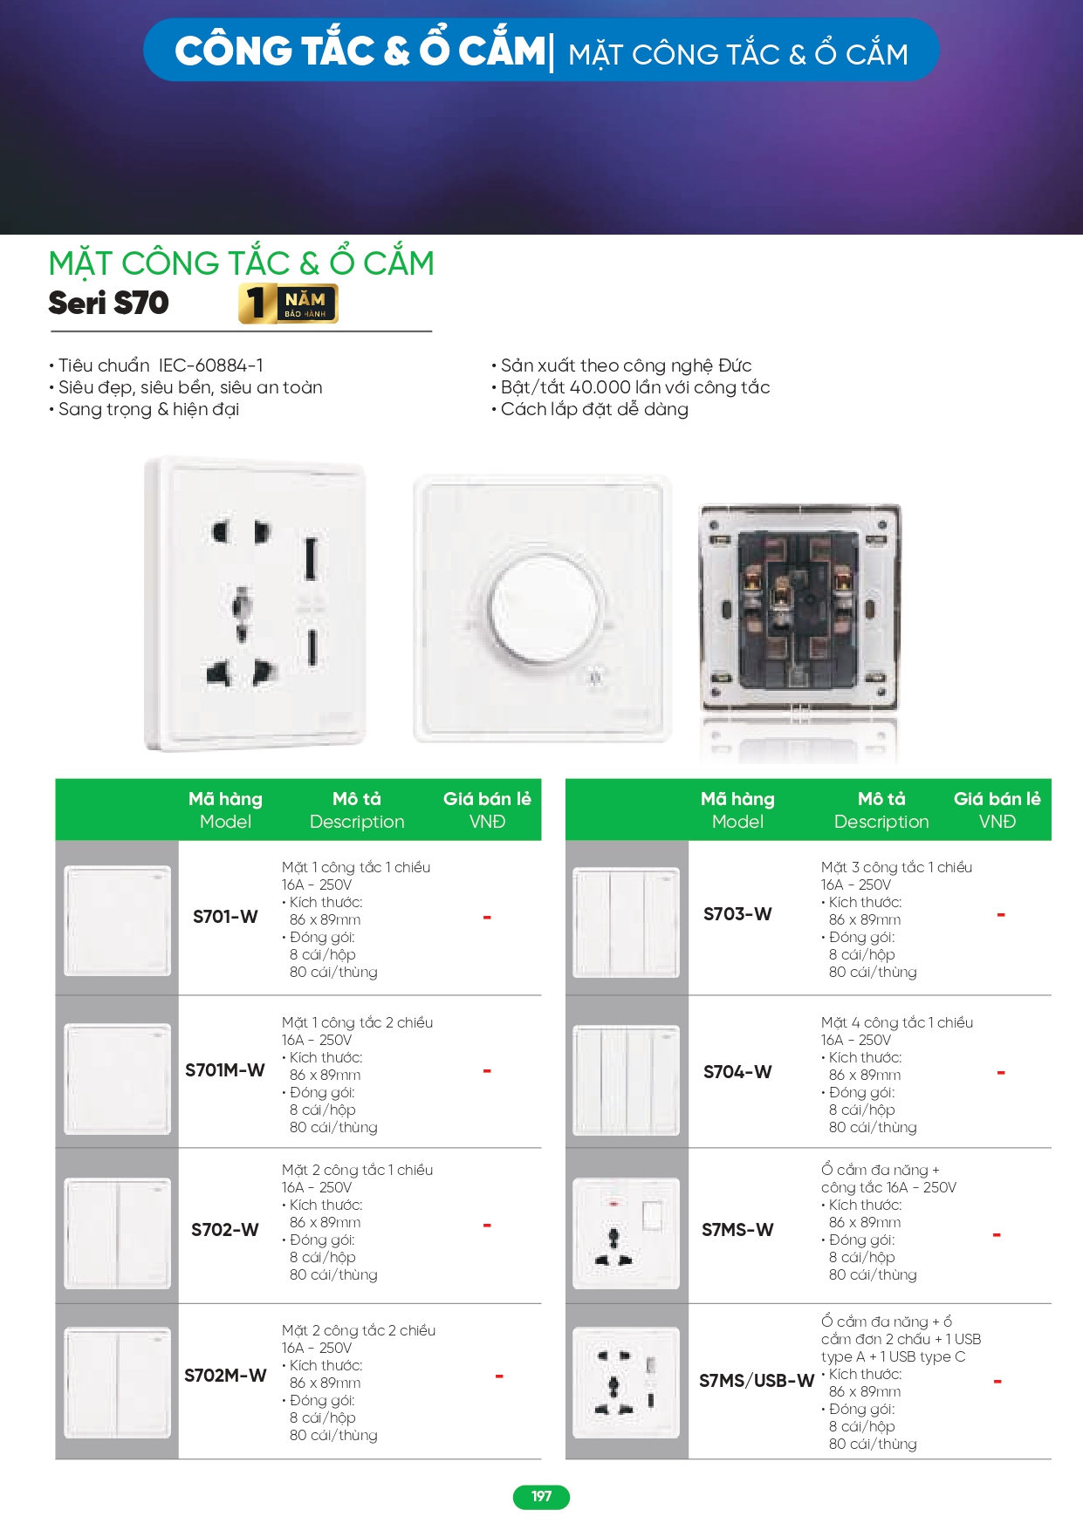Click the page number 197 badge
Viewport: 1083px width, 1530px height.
541,1497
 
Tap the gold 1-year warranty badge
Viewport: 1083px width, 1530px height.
288,304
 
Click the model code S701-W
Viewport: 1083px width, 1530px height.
225,917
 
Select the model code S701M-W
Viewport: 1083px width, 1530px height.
225,1070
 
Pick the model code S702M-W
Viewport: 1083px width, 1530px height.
225,1376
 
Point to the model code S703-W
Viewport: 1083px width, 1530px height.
737,914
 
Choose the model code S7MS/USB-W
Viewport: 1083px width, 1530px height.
757,1381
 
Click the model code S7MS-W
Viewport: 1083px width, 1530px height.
737,1230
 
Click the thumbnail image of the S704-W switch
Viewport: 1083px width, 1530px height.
626,1080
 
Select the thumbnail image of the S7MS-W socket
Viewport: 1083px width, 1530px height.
626,1233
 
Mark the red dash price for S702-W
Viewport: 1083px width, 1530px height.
487,1226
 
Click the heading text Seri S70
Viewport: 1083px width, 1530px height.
109,304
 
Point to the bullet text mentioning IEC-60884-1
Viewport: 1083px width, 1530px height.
157,365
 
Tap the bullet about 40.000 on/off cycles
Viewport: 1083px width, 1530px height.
631,387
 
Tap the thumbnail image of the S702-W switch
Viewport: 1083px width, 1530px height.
118,1233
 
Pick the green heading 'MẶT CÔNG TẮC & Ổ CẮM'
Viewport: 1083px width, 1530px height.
242,263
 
